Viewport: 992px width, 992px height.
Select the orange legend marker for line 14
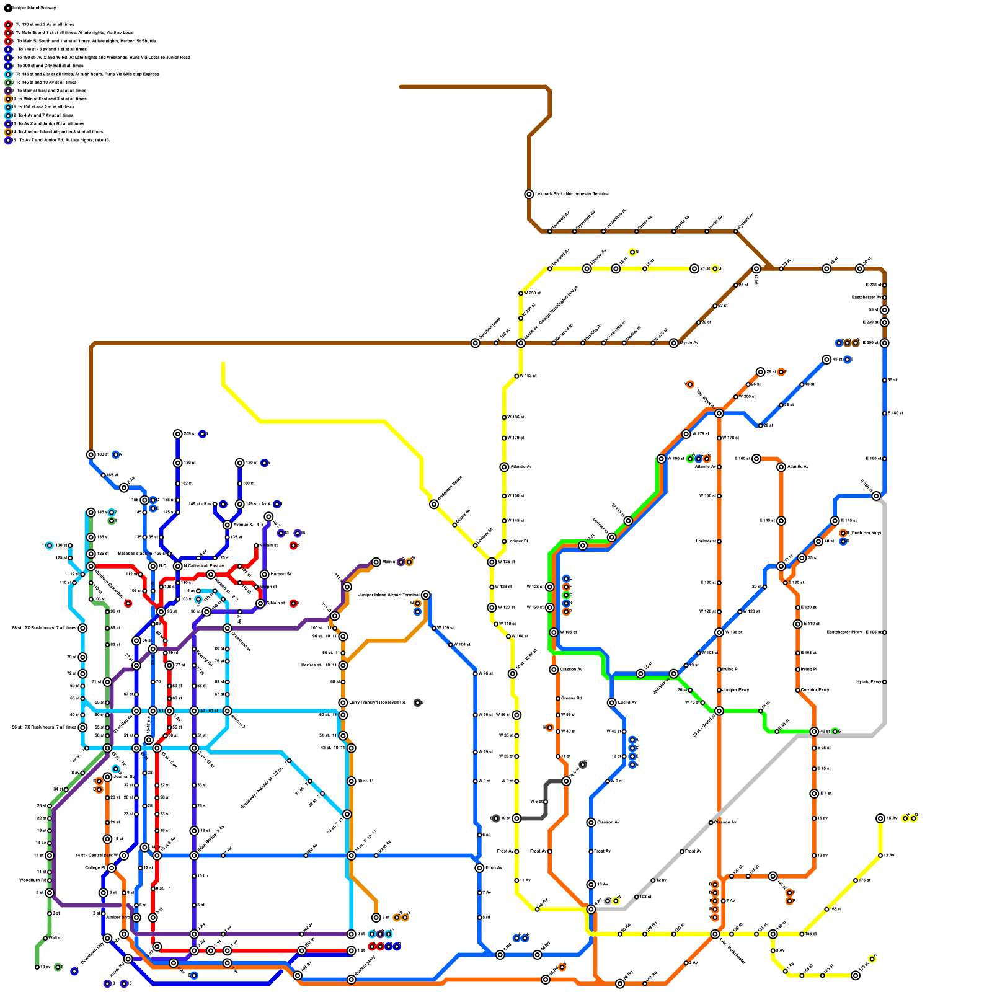click(x=8, y=132)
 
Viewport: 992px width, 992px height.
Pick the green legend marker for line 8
click(x=8, y=82)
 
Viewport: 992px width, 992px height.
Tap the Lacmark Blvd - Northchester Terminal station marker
click(x=529, y=194)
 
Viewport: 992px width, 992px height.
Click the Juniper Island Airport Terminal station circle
click(x=425, y=595)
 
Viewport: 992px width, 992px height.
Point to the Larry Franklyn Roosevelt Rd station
click(x=343, y=702)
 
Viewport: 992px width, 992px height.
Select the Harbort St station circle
click(x=264, y=575)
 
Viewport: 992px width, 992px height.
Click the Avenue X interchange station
click(x=228, y=525)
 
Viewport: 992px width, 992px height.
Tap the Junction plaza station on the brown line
click(x=476, y=343)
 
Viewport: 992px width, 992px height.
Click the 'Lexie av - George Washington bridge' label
click(x=551, y=313)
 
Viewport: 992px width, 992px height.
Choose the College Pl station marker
click(x=112, y=868)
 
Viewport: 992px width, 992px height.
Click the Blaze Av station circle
click(x=479, y=868)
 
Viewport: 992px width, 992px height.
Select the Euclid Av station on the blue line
click(x=611, y=702)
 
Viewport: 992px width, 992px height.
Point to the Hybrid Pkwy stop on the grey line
click(x=884, y=682)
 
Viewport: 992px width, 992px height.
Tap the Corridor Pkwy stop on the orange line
click(x=797, y=690)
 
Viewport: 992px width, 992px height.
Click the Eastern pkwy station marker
click(x=351, y=980)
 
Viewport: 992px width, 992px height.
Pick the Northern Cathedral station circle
click(x=91, y=566)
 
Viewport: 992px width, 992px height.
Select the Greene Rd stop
click(x=558, y=699)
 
